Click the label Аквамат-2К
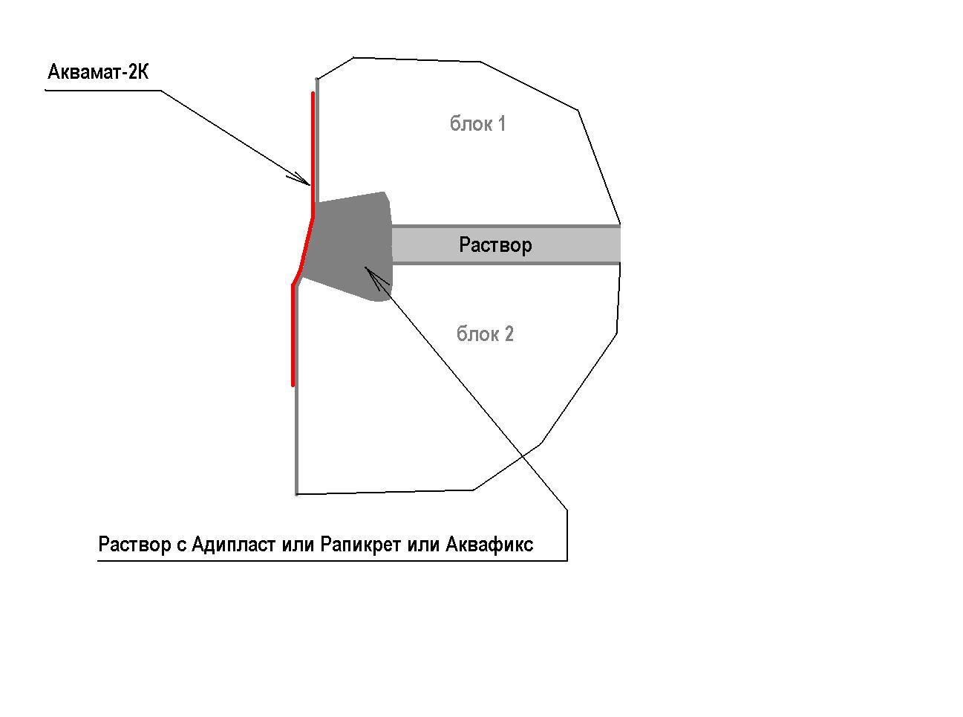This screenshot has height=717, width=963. coord(98,71)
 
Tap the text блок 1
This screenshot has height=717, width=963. coord(477,124)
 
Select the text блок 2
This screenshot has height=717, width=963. coord(485,334)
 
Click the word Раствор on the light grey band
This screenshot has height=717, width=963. coord(495,245)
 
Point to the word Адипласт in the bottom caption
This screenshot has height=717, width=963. coord(234,544)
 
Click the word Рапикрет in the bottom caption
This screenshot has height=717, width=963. coord(360,545)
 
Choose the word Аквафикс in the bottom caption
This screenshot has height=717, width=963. coord(489,545)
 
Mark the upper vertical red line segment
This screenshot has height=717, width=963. coord(313,153)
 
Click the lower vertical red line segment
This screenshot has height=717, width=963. coord(293,334)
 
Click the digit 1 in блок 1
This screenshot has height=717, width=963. coord(502,124)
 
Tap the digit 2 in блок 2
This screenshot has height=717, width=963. coord(509,334)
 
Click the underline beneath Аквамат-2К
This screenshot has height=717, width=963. coord(103,91)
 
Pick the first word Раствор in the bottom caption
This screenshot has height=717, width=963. coord(134,545)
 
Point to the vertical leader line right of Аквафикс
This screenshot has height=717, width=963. coord(567,535)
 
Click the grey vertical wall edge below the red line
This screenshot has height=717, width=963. coord(296,440)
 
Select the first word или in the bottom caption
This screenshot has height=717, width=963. coord(298,545)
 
